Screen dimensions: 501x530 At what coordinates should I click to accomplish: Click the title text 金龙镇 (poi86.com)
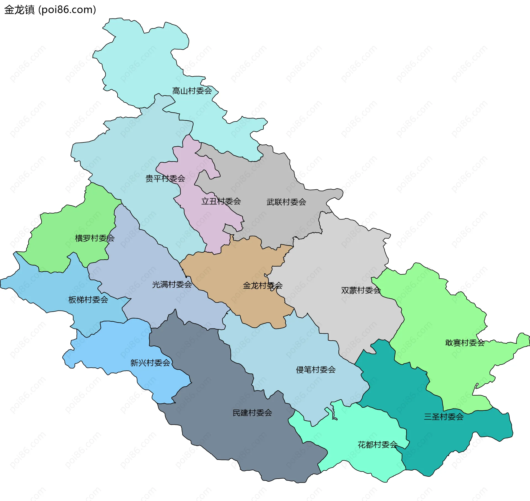[50, 10]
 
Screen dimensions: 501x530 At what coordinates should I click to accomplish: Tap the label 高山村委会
[192, 91]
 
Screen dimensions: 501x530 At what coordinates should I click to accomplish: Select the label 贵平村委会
[165, 179]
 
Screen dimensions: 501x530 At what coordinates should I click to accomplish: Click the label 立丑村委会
[221, 201]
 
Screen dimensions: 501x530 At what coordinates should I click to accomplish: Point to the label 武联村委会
[286, 202]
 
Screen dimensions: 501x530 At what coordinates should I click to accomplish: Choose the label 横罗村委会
[94, 238]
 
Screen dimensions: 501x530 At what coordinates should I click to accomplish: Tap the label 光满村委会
[172, 285]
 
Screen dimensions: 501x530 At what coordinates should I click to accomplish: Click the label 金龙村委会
[262, 285]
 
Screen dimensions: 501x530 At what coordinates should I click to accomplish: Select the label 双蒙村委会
[361, 290]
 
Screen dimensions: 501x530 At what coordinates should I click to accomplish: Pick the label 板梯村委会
[88, 300]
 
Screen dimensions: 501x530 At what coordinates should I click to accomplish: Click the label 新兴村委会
[150, 363]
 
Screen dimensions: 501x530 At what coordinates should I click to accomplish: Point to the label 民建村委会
[252, 413]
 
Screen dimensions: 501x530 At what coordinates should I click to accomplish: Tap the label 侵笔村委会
[316, 370]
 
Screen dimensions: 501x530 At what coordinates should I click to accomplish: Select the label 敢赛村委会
[465, 343]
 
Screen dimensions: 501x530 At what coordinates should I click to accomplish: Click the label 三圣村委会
[443, 417]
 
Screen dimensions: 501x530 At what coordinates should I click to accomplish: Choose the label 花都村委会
[377, 445]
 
